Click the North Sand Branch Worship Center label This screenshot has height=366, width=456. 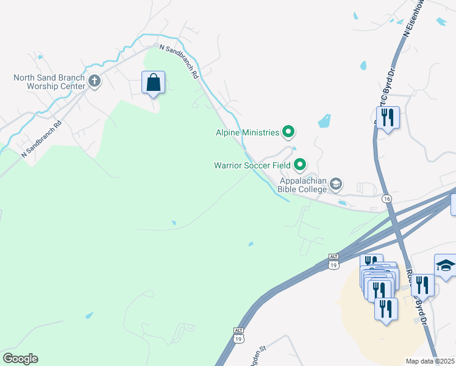tap(49, 82)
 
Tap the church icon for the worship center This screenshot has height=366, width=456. tap(94, 81)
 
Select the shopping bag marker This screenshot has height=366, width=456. tap(153, 82)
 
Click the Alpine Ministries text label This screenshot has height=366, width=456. tap(247, 132)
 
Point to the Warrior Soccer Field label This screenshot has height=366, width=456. tap(251, 165)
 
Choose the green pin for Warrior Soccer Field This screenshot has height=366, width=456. tap(299, 164)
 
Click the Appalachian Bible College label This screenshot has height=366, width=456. tap(302, 185)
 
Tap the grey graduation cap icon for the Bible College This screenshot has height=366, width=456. tap(336, 184)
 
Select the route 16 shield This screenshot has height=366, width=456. tap(387, 199)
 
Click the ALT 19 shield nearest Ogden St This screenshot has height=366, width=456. tap(238, 335)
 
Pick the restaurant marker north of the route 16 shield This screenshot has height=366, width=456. tap(388, 117)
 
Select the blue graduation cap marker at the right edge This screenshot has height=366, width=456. tap(446, 266)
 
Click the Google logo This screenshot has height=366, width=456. tap(20, 359)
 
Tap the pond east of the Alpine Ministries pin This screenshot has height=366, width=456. tap(324, 121)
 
